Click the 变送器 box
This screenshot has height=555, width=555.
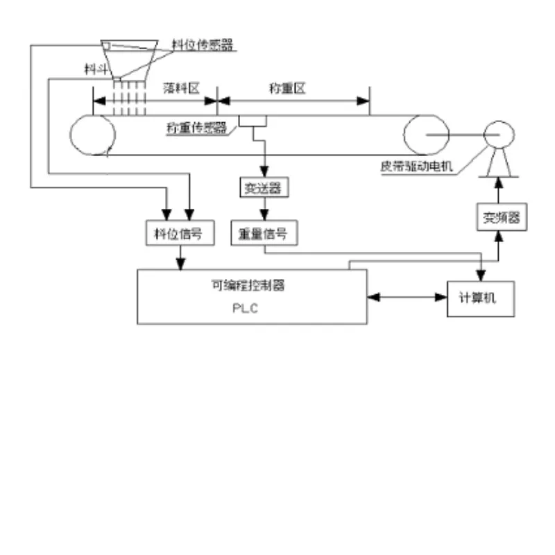coord(264,188)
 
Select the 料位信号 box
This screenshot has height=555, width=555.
coord(177,234)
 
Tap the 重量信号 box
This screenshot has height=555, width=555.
coord(264,234)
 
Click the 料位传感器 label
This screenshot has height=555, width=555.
coord(202,44)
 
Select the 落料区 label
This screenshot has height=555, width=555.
coord(181,88)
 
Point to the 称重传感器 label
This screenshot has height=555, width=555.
coord(197,128)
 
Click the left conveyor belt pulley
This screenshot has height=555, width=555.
coord(92,135)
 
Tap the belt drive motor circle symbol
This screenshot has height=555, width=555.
coord(497,135)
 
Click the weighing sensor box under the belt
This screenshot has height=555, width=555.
coord(253,121)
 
